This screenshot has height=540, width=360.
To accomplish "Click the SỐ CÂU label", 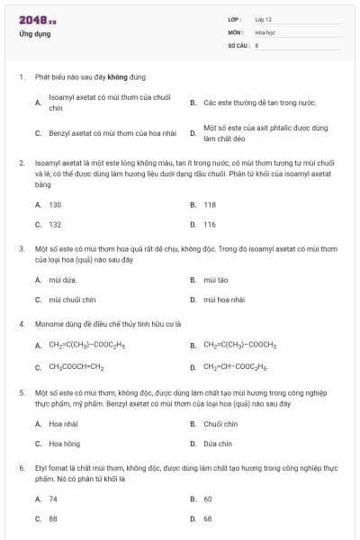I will (x=237, y=44).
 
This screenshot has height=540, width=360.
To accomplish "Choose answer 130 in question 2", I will (x=55, y=204).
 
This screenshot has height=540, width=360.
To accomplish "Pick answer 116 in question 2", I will (x=210, y=224).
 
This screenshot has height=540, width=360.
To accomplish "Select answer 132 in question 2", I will (x=55, y=224).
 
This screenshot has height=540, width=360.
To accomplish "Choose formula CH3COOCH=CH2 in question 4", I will (x=76, y=366).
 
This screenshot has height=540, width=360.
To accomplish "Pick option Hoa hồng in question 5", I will (x=65, y=444).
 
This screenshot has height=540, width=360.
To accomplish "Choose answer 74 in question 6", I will (x=53, y=498).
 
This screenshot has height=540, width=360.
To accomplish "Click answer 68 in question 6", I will (x=208, y=518).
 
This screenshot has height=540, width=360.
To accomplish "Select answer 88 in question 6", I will (x=53, y=518).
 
